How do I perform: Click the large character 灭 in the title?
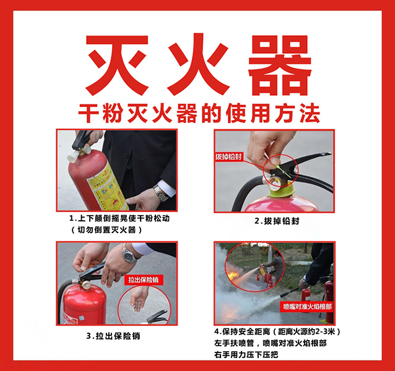(117, 66)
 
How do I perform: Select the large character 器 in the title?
(280, 66)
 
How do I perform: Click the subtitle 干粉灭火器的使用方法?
(199, 113)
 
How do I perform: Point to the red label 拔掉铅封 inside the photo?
(228, 157)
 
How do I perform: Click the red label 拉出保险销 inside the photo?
(144, 280)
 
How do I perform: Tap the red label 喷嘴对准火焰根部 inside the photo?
(308, 307)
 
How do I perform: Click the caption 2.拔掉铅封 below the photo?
(277, 221)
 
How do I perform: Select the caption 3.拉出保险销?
(113, 336)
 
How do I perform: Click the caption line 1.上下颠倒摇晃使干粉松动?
(119, 218)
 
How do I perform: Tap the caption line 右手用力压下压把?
(246, 355)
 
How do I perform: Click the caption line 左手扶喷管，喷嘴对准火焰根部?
(271, 343)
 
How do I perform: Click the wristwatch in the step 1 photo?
(161, 193)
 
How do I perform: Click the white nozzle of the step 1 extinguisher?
(73, 156)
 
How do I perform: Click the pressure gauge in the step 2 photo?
(274, 184)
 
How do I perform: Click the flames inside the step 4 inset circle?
(233, 275)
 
